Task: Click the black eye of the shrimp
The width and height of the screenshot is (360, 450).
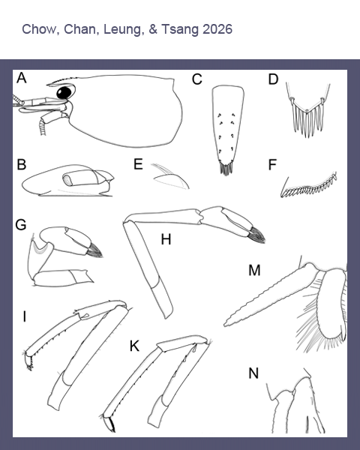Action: click(64, 92)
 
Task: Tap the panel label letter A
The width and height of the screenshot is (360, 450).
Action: click(22, 78)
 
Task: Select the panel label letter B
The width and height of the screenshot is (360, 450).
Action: click(22, 165)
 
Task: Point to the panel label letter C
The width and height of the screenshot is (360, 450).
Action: click(197, 79)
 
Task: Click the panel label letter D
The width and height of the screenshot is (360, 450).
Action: click(273, 79)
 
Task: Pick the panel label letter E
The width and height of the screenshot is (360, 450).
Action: click(138, 164)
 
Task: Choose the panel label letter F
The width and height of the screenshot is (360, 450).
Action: click(272, 165)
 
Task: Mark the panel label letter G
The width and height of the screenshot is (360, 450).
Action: click(21, 225)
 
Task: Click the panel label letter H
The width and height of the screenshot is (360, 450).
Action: click(166, 239)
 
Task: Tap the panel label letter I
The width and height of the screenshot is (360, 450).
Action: click(25, 316)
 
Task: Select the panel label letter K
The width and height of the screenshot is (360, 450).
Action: click(134, 346)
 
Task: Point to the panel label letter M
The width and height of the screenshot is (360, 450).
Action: click(254, 270)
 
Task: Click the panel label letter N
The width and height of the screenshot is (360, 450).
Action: click(253, 373)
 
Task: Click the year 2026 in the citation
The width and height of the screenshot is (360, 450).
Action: click(217, 29)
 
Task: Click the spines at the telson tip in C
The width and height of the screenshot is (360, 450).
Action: click(226, 169)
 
